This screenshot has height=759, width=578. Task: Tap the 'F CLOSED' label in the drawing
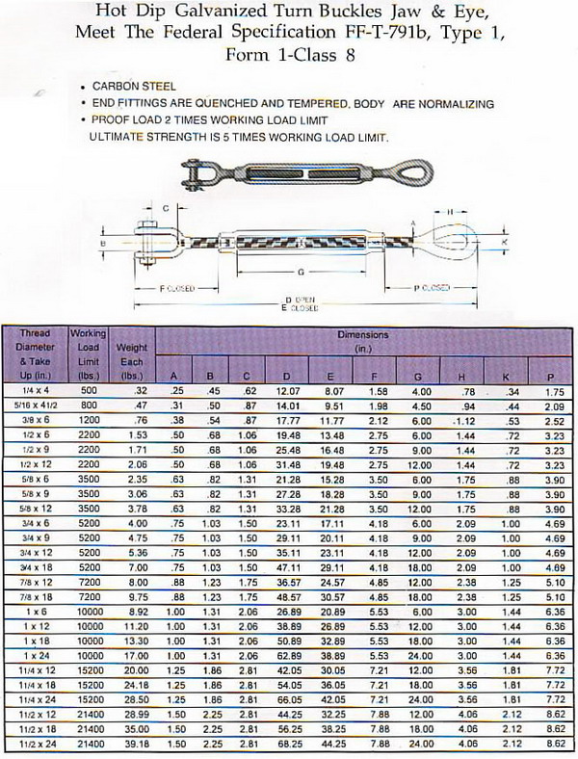(x=177, y=288)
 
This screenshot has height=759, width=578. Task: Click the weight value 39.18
(x=130, y=745)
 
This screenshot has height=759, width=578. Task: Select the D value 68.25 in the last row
(x=289, y=745)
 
